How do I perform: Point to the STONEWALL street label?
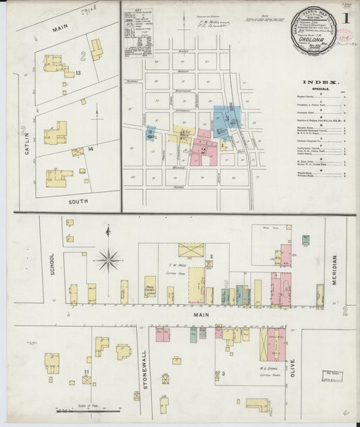(x=145, y=363)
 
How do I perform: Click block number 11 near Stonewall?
(x=86, y=372)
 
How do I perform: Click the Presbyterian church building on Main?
(x=150, y=286)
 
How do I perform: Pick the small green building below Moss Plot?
(x=305, y=240)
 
